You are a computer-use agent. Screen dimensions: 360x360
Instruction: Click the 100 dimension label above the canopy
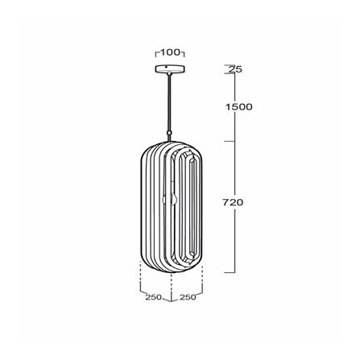(170, 52)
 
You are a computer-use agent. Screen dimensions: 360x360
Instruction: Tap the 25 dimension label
(235, 69)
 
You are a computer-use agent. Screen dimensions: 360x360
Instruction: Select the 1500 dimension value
(238, 107)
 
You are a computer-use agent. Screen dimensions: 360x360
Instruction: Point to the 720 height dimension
(233, 202)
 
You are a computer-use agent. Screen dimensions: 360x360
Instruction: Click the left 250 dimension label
(154, 297)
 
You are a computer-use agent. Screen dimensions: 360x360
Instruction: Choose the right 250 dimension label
(188, 297)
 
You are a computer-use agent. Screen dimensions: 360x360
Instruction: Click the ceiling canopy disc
(170, 69)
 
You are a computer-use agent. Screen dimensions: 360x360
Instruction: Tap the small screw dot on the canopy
(166, 67)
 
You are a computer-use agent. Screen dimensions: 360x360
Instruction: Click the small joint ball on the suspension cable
(169, 133)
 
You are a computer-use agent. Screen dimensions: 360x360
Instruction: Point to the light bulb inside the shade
(169, 200)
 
